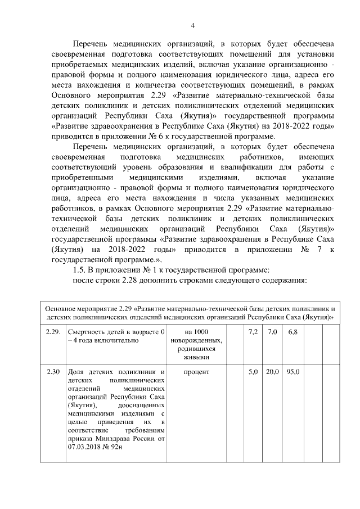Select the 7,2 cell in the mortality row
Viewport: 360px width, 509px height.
pos(253,333)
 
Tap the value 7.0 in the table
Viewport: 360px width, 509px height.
pos(272,333)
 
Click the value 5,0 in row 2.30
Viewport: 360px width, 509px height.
pos(253,372)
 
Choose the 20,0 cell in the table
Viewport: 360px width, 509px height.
pos(272,372)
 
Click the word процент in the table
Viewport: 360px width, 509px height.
pos(196,372)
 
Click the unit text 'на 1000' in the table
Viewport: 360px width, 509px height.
pos(196,333)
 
